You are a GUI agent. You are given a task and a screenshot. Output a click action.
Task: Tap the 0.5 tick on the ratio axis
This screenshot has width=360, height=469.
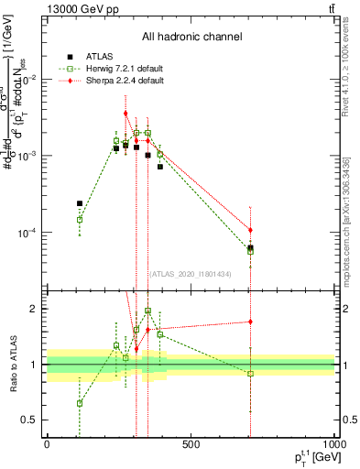pos(34,420)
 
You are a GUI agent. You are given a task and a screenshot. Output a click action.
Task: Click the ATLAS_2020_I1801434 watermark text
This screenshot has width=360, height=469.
pos(190,274)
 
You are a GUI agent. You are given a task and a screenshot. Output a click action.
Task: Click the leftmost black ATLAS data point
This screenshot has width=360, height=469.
pos(80,203)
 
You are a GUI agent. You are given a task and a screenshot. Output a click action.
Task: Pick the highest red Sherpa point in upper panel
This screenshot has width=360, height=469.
pos(125,114)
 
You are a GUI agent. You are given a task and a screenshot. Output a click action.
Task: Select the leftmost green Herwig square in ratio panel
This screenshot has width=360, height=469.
pos(80,403)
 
